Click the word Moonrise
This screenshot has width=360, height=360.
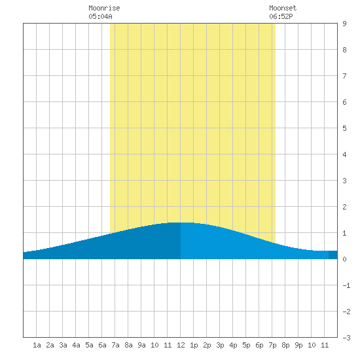point(104,8)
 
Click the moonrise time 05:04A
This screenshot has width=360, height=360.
point(100,16)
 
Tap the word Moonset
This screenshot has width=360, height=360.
point(283,8)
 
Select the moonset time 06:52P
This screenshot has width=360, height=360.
point(281,16)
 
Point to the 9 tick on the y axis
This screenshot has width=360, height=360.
point(344,24)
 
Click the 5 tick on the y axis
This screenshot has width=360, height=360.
point(344,128)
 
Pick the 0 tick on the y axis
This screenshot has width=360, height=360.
point(344,259)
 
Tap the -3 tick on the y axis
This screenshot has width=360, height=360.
point(346,338)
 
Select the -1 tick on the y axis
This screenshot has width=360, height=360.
point(346,285)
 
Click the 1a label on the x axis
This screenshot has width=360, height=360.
point(37,345)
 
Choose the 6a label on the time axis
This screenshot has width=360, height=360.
point(102,345)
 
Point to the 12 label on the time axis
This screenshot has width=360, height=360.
point(181,345)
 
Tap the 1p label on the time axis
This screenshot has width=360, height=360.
point(194,345)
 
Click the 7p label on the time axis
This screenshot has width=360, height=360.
point(272,345)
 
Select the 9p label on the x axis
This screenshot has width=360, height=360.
point(298,345)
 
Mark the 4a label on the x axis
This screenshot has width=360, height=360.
point(76,345)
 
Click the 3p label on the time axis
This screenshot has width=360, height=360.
point(220,345)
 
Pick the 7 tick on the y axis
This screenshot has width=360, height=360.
point(344,76)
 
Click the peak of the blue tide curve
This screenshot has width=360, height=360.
point(181,223)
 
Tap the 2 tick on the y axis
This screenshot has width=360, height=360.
point(344,207)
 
